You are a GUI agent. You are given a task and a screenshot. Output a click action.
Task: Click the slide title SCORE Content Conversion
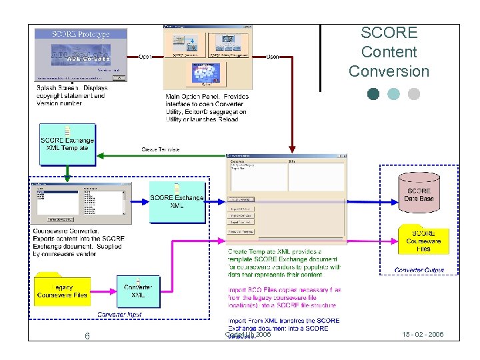389,52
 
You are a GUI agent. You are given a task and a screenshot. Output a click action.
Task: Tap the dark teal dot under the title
373,94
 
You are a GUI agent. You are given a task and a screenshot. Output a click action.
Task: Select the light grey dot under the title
414,94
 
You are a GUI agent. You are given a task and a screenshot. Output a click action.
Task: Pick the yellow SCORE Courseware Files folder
423,239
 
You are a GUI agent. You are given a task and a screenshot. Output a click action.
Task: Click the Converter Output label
419,270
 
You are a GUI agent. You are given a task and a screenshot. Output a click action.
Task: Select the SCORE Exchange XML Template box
67,142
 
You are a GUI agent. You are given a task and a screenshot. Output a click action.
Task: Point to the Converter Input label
119,314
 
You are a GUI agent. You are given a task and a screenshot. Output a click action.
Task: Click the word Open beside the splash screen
145,57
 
